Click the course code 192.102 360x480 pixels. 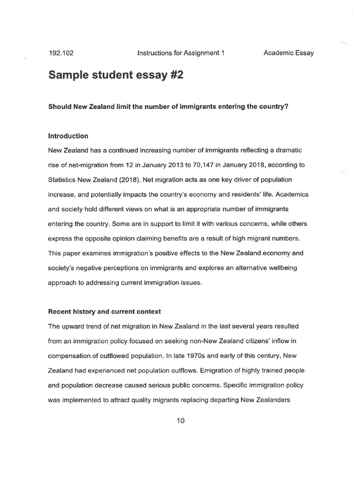61,53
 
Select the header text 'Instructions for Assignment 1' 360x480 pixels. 181,53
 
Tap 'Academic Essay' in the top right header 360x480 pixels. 288,53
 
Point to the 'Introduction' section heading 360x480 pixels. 68,136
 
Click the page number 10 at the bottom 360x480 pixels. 181,420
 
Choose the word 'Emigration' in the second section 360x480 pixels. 217,370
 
